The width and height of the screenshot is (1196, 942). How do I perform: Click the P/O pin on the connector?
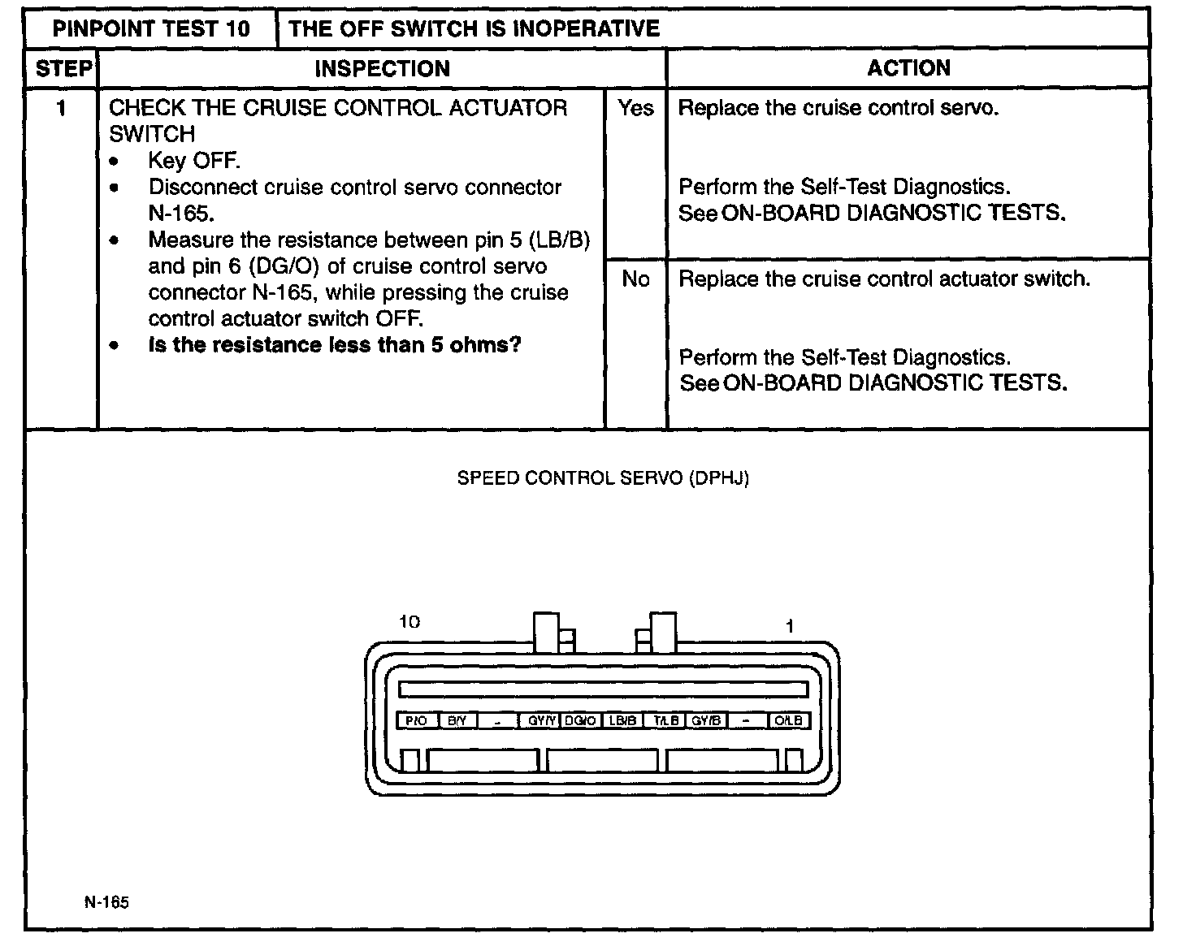pos(417,720)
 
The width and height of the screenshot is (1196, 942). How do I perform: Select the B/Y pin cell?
pos(457,720)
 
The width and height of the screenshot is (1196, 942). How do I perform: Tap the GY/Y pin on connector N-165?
pos(540,720)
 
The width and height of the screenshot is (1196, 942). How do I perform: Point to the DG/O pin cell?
pos(581,720)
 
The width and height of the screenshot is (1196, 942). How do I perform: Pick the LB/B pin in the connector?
pos(622,720)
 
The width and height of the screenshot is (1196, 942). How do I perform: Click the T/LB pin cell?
pos(665,720)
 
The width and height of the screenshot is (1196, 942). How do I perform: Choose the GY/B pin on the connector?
pos(705,720)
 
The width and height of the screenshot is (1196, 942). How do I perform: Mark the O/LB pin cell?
pos(788,720)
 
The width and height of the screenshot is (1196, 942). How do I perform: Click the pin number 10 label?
pos(409,622)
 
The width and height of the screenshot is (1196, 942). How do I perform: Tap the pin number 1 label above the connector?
pos(789,626)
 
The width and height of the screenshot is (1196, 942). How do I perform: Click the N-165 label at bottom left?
pos(106,902)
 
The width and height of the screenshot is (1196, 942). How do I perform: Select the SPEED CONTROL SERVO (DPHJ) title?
pos(603,478)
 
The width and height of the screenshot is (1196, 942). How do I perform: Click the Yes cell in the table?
pos(635,108)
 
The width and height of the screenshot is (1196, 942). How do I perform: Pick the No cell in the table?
pos(635,279)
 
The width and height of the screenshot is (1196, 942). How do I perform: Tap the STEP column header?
pos(63,69)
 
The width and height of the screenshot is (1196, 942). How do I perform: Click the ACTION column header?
pos(908,68)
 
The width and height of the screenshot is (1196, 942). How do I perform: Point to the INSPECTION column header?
pos(382,69)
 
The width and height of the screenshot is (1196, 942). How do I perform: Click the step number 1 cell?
pos(61,108)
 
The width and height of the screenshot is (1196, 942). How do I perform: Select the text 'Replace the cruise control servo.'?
pos(838,108)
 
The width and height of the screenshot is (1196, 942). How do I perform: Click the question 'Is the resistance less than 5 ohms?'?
pos(335,345)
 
